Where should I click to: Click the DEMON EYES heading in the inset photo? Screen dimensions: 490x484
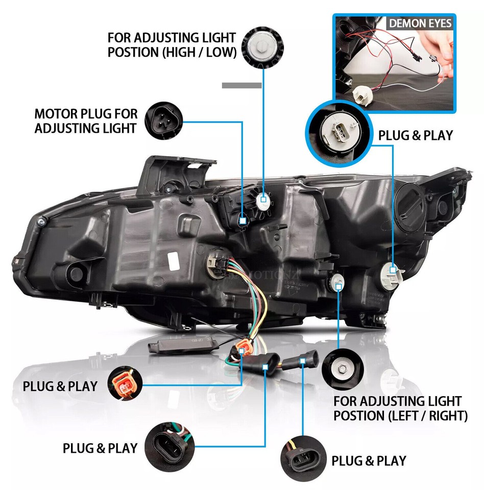pos(420,23)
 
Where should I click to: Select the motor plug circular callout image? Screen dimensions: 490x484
pos(162,120)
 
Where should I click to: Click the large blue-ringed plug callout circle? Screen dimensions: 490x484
pos(335,132)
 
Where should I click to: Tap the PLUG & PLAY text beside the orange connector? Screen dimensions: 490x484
pos(60,386)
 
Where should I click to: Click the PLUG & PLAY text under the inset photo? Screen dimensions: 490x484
pos(415,135)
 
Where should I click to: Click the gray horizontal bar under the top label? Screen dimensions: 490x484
pos(241,86)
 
